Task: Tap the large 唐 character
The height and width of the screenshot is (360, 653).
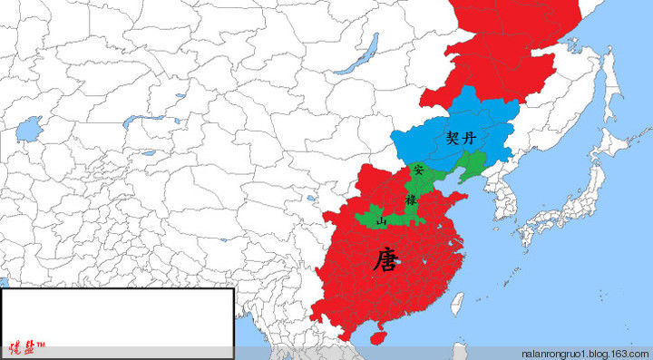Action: point(384,261)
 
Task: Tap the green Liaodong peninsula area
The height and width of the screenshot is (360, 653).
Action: point(473,167)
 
